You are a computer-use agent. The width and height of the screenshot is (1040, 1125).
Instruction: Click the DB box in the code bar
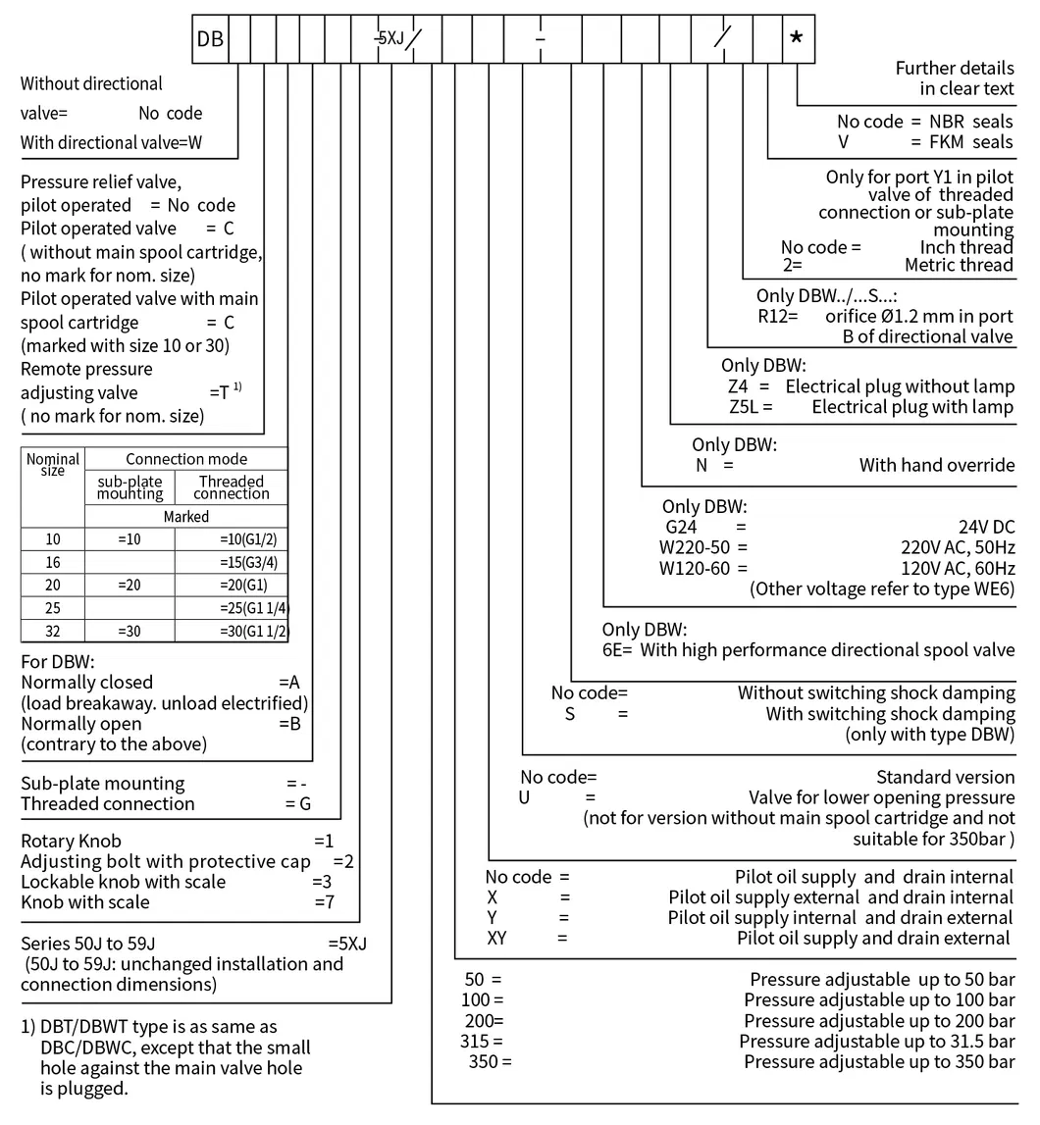(x=210, y=39)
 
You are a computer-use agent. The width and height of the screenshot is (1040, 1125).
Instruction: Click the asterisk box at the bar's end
(x=796, y=39)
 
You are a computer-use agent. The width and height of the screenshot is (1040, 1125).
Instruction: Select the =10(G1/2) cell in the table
(x=231, y=539)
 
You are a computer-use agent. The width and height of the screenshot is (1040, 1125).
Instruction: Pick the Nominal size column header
(x=53, y=464)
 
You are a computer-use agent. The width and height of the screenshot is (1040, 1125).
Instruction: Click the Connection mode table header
(x=186, y=459)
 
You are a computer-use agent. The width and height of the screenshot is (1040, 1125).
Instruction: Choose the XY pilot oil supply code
(x=498, y=938)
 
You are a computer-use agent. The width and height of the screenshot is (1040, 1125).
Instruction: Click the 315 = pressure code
(x=483, y=1040)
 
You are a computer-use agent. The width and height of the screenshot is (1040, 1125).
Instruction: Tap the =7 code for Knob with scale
(x=325, y=902)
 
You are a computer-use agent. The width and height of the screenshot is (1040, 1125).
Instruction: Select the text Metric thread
(x=959, y=265)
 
